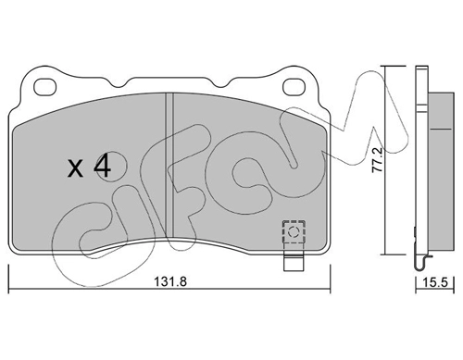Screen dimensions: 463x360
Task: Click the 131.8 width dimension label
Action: click(170, 281)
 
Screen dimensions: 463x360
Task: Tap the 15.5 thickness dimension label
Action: click(435, 282)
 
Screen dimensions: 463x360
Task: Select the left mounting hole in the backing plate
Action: click(45, 87)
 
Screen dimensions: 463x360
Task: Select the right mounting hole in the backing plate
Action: click(294, 87)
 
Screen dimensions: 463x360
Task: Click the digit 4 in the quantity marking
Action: click(102, 167)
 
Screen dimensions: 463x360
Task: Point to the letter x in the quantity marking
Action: click(75, 169)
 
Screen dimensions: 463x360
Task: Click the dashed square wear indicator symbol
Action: click(294, 231)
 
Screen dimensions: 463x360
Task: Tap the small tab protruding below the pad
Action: click(294, 261)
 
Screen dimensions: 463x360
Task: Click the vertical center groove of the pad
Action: click(169, 166)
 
